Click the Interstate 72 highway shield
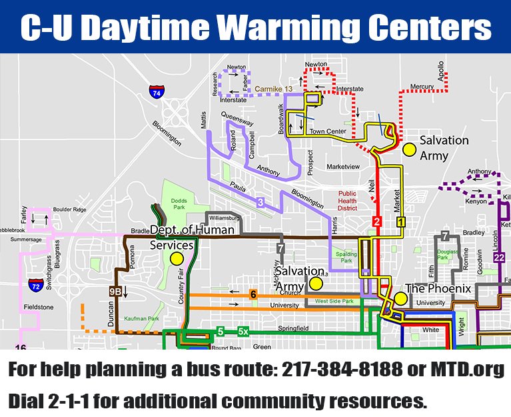click(x=36, y=286)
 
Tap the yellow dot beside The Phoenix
click(x=400, y=298)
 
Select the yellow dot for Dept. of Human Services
click(x=176, y=258)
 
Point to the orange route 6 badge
click(x=253, y=294)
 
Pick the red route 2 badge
click(x=376, y=222)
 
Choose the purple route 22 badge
click(x=500, y=258)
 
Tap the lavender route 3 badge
click(x=260, y=201)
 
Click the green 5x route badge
click(x=243, y=331)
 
